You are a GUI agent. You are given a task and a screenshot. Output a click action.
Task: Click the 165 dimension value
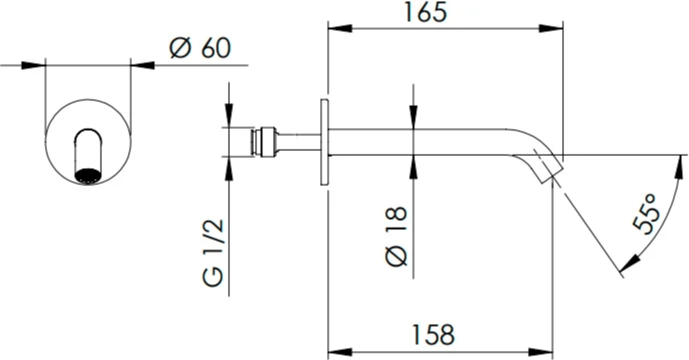[x=425, y=12]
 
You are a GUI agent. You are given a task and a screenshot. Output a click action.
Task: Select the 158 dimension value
[x=433, y=335]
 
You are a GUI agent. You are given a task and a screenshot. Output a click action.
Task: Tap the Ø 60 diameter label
[x=200, y=48]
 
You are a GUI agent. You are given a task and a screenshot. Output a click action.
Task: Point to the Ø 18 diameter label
[x=396, y=236]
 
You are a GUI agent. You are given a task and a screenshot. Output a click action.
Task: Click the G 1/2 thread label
[x=214, y=253]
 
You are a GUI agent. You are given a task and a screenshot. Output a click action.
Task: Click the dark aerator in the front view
[x=87, y=175]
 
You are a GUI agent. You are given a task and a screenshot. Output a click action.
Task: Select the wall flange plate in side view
[x=324, y=142]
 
